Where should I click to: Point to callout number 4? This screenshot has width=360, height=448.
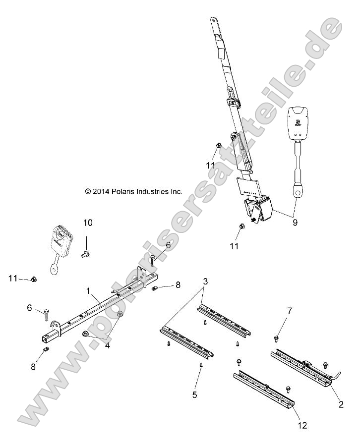[108, 345]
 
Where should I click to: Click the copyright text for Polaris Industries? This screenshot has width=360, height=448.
[134, 191]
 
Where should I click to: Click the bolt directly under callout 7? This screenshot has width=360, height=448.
[276, 338]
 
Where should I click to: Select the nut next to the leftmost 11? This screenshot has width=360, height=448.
[33, 280]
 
